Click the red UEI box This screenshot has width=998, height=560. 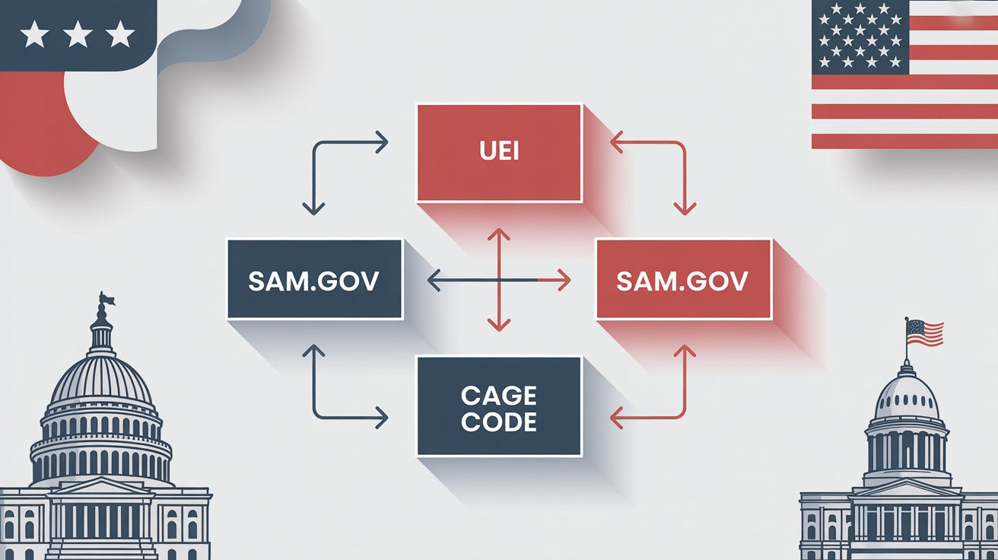[x=499, y=153]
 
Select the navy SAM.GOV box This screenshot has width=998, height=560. [x=314, y=278]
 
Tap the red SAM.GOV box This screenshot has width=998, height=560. [x=682, y=278]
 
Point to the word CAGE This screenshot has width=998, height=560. [x=498, y=396]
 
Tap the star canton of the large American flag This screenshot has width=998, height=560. [x=860, y=37]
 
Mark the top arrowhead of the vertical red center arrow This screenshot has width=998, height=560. [x=498, y=234]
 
